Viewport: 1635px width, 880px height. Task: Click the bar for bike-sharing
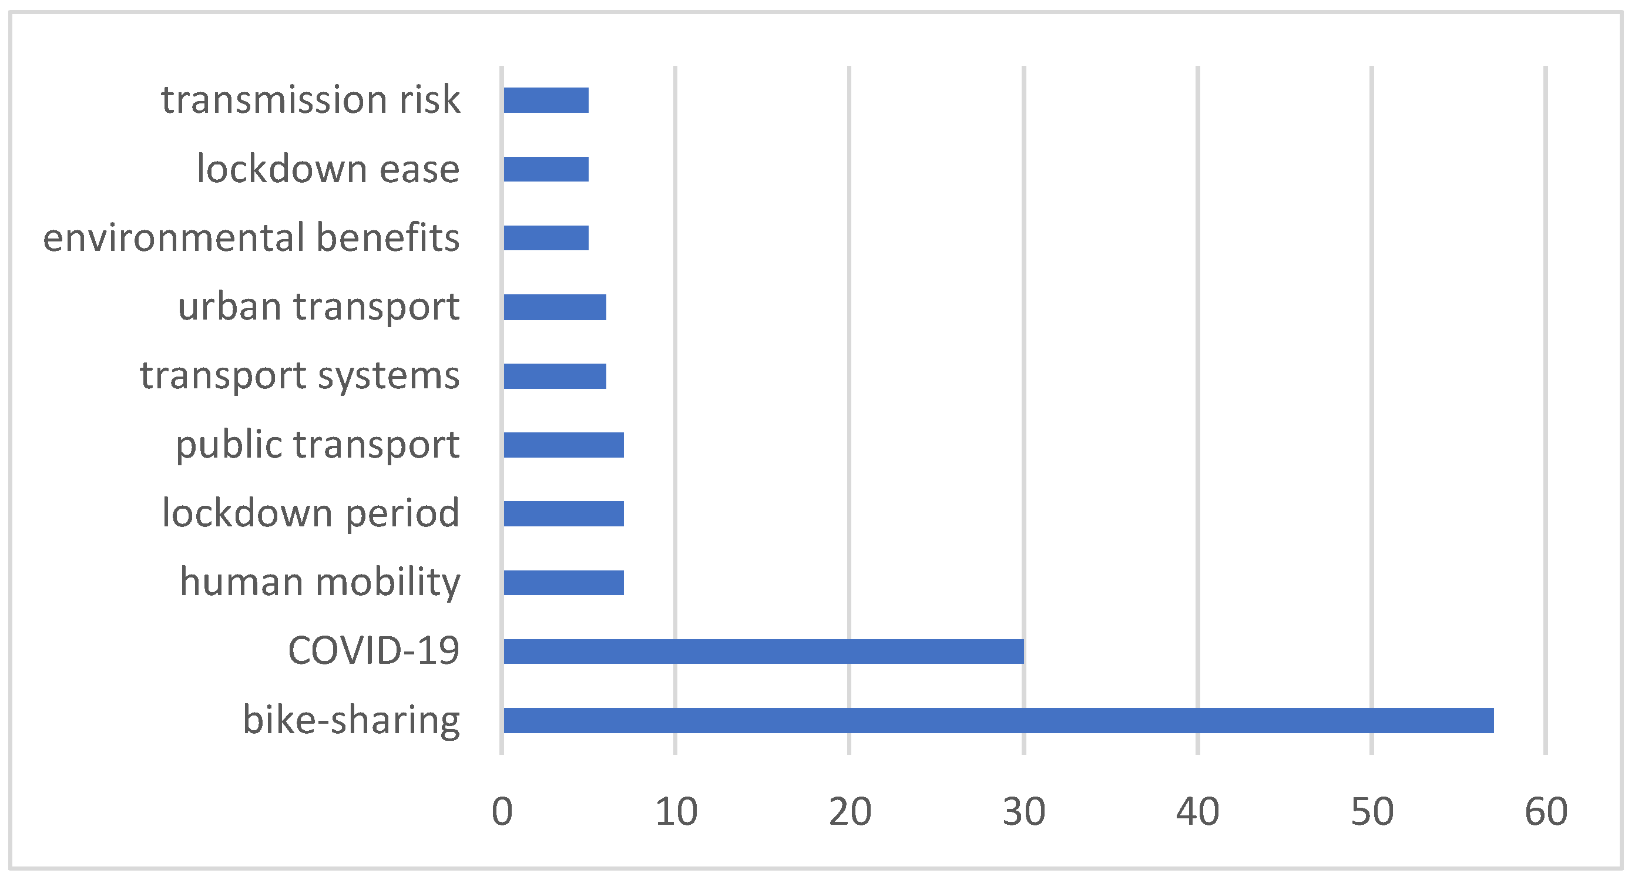point(998,720)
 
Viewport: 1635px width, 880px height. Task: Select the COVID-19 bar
point(763,651)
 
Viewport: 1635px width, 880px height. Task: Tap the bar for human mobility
point(563,582)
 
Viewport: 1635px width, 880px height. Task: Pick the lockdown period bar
point(563,513)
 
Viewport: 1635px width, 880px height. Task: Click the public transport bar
point(563,444)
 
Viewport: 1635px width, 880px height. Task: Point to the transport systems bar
point(555,375)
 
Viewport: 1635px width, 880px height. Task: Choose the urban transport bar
point(555,307)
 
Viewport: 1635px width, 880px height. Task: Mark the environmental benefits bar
point(546,238)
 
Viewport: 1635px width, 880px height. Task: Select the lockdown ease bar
point(546,169)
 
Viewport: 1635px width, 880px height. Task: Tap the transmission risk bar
point(546,100)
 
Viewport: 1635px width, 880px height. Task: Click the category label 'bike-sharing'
point(351,720)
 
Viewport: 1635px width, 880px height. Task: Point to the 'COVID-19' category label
point(373,651)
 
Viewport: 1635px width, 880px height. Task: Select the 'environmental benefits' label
point(251,238)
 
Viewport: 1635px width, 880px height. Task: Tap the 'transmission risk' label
point(310,100)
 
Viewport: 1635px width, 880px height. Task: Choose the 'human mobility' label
point(320,582)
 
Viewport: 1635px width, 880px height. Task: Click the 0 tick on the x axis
point(502,811)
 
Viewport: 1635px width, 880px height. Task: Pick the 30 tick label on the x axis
point(1024,811)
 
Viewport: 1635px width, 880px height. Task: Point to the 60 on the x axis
point(1546,811)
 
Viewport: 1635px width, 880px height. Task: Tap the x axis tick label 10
point(676,811)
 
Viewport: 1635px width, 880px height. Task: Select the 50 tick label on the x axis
point(1372,811)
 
